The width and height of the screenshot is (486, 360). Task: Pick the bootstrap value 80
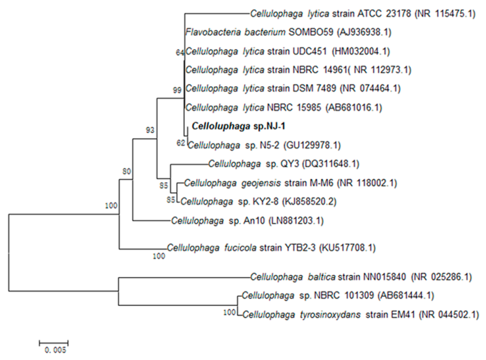(126, 171)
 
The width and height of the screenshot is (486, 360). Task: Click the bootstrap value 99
(178, 90)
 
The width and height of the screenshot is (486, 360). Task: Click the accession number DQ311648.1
(334, 164)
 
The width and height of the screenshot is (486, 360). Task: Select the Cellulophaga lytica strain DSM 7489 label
(261, 89)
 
